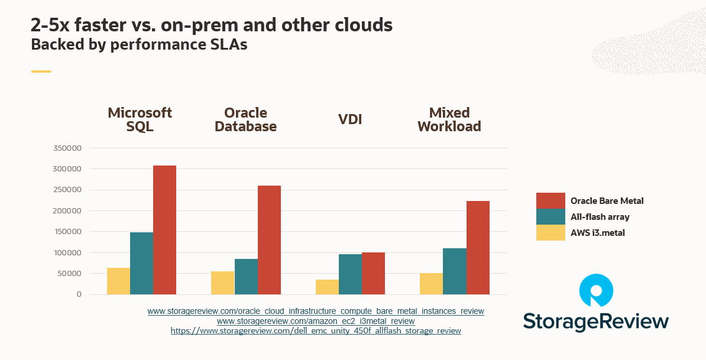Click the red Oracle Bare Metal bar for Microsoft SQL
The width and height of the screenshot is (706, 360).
click(164, 230)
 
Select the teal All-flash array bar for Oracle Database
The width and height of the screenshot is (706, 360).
click(246, 277)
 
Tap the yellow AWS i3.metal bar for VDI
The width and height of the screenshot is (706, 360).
click(327, 287)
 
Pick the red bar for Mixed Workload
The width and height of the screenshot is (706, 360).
click(478, 248)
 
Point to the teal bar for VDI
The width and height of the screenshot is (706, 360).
click(350, 274)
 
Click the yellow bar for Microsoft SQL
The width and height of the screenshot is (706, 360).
click(118, 281)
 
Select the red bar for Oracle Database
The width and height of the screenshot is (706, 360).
click(269, 240)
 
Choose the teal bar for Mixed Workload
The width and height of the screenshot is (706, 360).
click(455, 271)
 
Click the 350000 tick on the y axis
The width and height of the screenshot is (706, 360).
click(67, 148)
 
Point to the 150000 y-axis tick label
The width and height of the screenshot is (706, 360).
click(67, 232)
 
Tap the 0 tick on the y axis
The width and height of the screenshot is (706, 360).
click(79, 294)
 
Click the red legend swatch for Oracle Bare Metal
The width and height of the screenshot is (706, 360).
click(550, 201)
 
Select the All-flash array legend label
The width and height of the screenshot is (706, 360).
click(600, 217)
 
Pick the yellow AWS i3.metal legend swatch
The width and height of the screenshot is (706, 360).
click(550, 233)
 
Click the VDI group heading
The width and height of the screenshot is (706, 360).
click(350, 119)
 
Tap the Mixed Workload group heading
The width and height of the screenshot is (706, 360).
click(449, 119)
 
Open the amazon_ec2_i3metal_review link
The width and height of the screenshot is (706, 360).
click(316, 322)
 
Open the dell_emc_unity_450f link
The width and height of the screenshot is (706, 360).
click(316, 331)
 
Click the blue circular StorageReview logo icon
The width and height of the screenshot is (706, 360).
click(595, 291)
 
